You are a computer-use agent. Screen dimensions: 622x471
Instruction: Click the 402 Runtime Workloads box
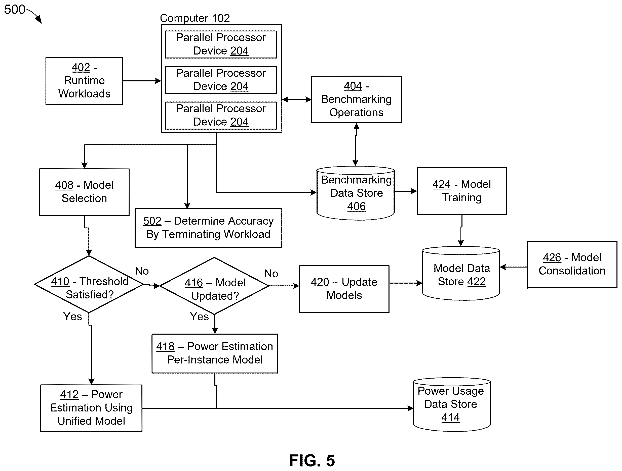[x=84, y=81]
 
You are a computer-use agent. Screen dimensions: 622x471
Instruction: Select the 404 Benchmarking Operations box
[x=356, y=99]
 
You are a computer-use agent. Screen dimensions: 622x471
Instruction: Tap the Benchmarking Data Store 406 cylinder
[x=356, y=193]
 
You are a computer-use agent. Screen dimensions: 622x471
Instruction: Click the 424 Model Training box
[x=462, y=191]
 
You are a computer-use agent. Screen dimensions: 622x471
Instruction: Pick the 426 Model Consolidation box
[x=572, y=265]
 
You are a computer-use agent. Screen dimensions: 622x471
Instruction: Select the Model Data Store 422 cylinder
[x=461, y=273]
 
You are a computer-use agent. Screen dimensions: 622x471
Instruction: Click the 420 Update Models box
[x=344, y=289]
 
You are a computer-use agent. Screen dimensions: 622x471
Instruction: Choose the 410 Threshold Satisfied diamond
[x=89, y=284]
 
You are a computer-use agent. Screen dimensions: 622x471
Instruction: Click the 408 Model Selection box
[x=84, y=192]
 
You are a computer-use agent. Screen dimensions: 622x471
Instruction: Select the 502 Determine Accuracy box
[x=208, y=228]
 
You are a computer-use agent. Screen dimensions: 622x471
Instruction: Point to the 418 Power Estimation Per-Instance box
[x=215, y=353]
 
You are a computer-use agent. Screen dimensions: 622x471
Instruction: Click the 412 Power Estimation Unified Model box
[x=91, y=408]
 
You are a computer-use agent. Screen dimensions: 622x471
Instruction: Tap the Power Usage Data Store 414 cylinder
[x=452, y=404]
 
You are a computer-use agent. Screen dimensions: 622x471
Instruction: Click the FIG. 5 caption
[x=312, y=461]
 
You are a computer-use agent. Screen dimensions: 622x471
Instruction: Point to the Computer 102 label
[x=195, y=18]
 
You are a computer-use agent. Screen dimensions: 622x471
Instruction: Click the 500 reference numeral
[x=15, y=10]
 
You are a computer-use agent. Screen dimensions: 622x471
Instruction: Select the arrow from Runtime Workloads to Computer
[x=142, y=81]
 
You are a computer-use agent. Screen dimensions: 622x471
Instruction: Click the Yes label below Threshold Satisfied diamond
[x=72, y=316]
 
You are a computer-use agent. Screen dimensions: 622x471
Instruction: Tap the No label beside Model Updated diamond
[x=271, y=273]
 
